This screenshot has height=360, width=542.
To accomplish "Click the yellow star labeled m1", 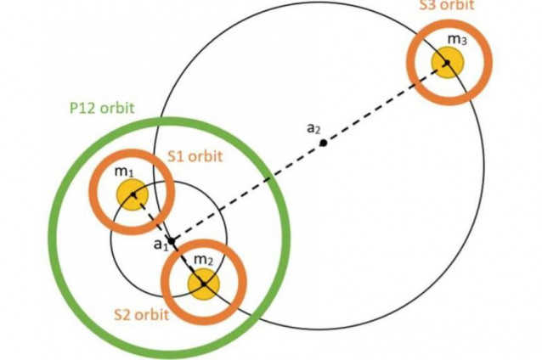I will point(132,194).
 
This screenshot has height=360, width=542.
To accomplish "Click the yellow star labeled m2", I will point(203,283).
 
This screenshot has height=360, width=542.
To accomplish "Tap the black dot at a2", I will point(323,143).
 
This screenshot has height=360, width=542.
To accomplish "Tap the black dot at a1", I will point(171,242).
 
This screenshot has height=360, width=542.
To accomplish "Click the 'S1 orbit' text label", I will point(186,155).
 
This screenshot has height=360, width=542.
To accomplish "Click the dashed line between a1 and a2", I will point(246,193).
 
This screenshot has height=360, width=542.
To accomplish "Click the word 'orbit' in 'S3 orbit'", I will point(462,6).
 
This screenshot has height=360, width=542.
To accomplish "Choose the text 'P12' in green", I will point(82,110).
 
